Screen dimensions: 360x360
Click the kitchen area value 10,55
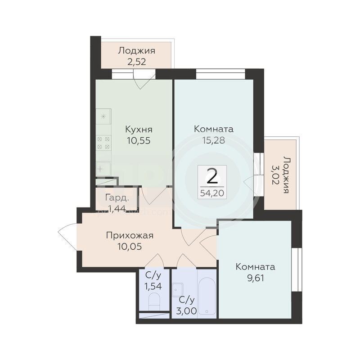(x=139, y=140)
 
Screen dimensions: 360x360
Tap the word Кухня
(x=139, y=130)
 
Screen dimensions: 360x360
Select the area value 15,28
(x=213, y=140)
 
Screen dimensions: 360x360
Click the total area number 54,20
(x=212, y=193)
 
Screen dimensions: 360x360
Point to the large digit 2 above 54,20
(x=212, y=176)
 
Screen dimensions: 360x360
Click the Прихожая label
(x=130, y=236)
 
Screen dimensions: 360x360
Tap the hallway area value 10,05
(x=130, y=247)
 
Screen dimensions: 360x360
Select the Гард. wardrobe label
(x=117, y=198)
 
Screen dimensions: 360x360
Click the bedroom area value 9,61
(x=255, y=278)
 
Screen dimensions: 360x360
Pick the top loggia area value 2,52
(x=137, y=62)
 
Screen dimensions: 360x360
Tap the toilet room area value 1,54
(x=153, y=286)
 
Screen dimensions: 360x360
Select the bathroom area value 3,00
(x=186, y=311)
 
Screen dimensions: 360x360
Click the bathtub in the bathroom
(x=207, y=296)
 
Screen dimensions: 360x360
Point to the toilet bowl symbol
(x=154, y=302)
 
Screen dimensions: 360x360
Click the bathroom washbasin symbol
(x=177, y=290)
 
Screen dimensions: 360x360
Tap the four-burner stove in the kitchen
(x=103, y=143)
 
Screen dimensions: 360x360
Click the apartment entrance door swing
(x=67, y=237)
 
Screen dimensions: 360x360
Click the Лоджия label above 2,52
(x=137, y=51)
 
